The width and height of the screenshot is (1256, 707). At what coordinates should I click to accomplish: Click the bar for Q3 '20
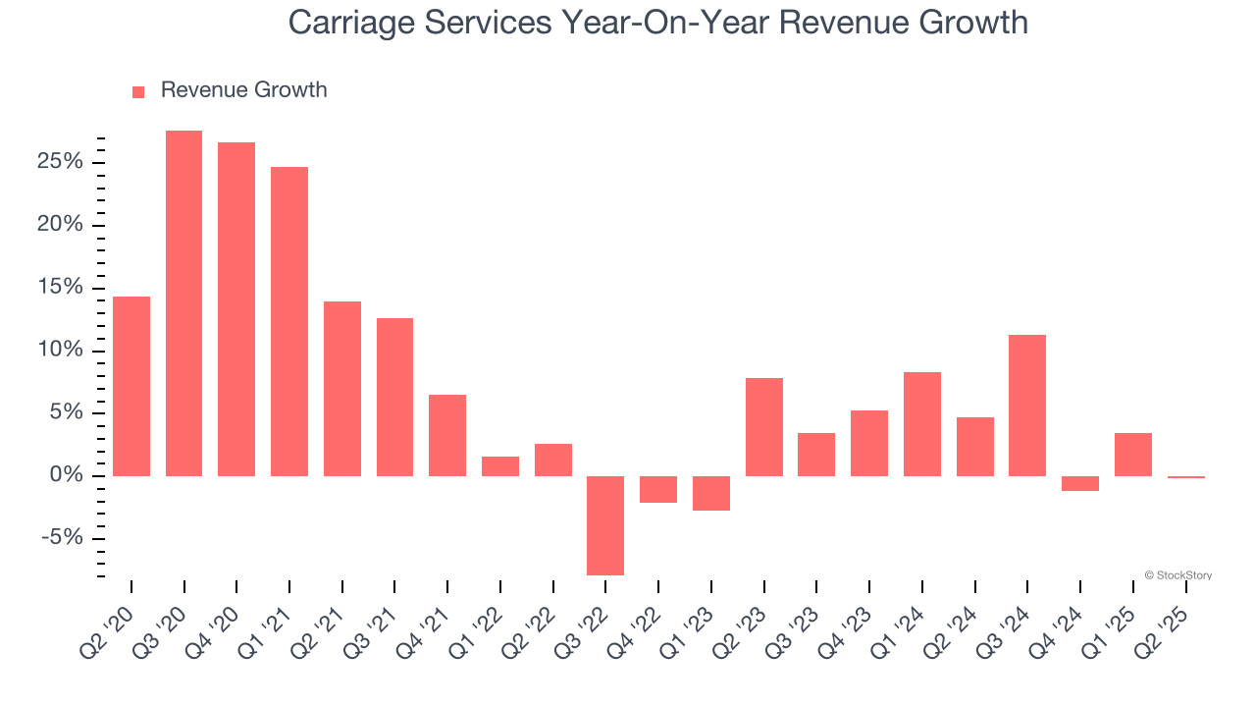click(x=183, y=303)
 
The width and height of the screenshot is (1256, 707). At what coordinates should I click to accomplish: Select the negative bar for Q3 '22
click(x=605, y=525)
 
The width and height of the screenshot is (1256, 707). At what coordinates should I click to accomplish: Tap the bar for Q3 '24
click(x=1027, y=406)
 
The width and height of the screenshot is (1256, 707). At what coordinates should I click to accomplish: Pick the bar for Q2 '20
click(x=131, y=386)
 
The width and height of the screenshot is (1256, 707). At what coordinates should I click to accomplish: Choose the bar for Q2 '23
click(x=763, y=427)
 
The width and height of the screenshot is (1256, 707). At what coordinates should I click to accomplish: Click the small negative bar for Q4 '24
click(x=1080, y=483)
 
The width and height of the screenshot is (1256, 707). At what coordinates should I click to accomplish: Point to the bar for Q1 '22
click(x=500, y=466)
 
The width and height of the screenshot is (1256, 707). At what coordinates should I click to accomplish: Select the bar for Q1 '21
click(x=289, y=321)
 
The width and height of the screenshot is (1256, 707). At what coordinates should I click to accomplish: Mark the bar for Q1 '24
click(x=922, y=424)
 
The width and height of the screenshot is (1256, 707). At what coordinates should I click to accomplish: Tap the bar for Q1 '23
click(x=711, y=493)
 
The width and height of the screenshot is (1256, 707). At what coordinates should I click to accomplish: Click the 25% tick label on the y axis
click(x=60, y=162)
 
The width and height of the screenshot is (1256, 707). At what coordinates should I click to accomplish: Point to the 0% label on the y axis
click(x=66, y=475)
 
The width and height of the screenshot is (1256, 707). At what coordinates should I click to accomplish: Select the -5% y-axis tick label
click(x=62, y=538)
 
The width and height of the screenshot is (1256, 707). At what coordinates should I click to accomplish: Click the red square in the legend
click(x=138, y=91)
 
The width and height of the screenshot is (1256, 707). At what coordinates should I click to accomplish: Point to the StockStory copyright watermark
click(x=1177, y=575)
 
